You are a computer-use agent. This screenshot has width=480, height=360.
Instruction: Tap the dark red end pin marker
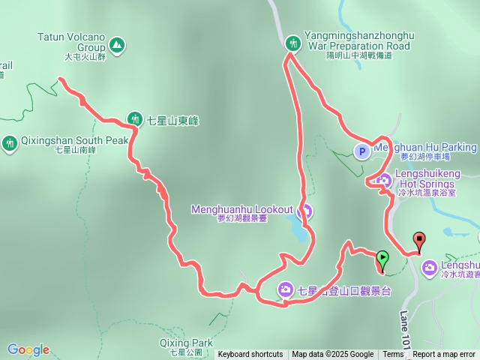point(418,241)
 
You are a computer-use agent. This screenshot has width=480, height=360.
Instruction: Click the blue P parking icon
point(361,151)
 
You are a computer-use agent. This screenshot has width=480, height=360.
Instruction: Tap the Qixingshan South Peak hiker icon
point(10,142)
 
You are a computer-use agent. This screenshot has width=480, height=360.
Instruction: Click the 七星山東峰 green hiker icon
point(135,118)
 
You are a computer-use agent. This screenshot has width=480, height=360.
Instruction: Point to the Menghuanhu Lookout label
point(242,209)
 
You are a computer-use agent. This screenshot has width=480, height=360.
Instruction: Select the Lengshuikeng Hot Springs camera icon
point(384,180)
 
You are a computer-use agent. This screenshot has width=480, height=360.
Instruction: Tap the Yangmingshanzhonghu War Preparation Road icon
point(292,43)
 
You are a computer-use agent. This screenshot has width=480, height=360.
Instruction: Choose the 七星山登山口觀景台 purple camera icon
point(286,289)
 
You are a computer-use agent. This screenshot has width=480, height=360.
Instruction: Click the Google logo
point(28,349)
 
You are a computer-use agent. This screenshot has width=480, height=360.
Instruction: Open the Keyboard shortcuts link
point(250,355)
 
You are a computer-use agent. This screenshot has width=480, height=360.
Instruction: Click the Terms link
point(393,355)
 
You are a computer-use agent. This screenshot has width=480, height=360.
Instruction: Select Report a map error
point(444,355)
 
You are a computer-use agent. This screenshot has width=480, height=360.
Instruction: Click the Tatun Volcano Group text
point(72,40)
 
